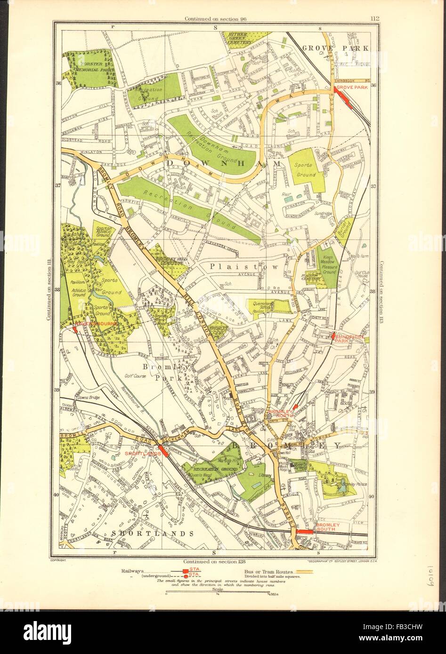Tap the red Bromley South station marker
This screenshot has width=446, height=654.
click(306, 530)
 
